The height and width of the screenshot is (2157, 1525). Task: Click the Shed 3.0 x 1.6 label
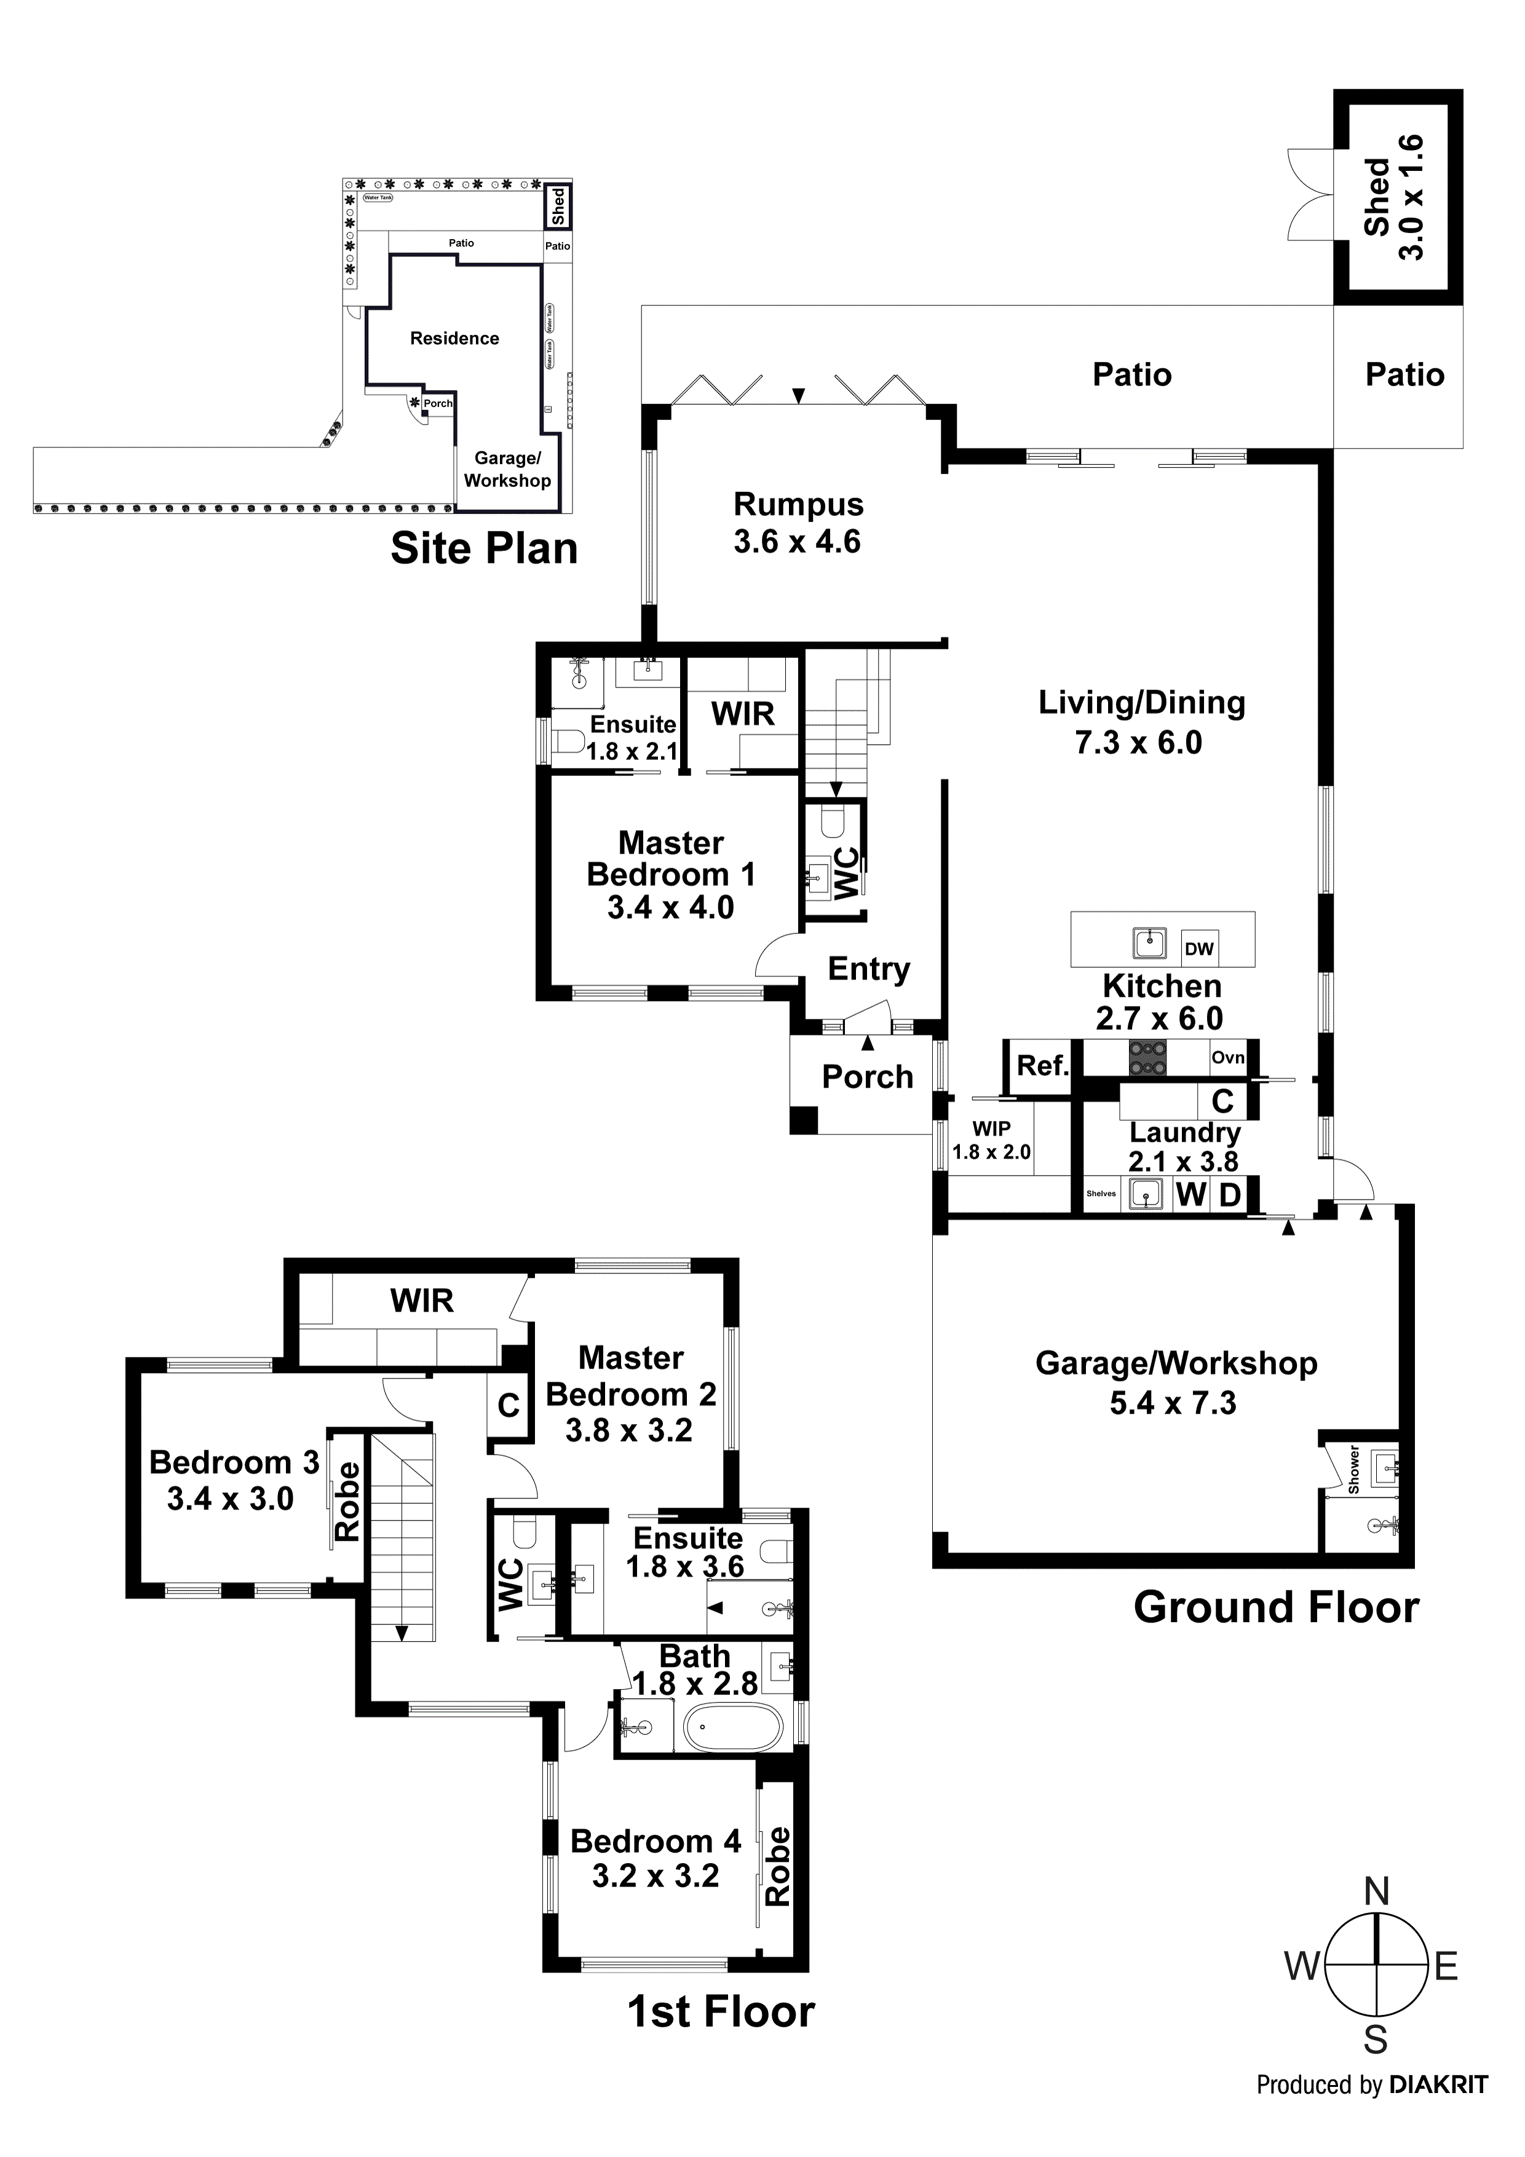[1395, 197]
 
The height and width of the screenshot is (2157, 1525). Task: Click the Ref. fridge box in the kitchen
[1042, 1066]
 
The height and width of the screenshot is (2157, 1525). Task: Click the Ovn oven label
[1227, 1058]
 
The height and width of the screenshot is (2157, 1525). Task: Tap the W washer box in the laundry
[1190, 1195]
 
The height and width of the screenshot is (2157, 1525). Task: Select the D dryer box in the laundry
[1229, 1195]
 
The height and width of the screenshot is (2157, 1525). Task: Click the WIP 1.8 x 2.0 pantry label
[991, 1141]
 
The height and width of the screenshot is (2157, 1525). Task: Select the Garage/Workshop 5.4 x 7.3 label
[1176, 1383]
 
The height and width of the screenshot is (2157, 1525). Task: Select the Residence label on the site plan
[455, 338]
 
